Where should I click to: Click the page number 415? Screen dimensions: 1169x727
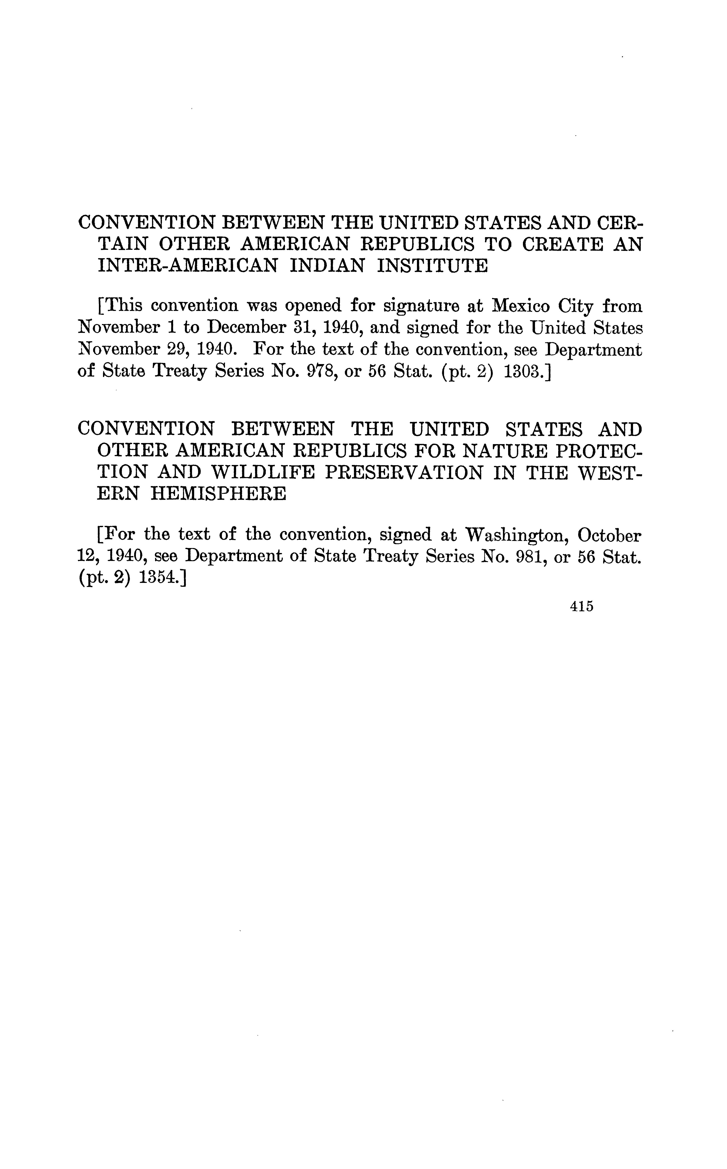[581, 607]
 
